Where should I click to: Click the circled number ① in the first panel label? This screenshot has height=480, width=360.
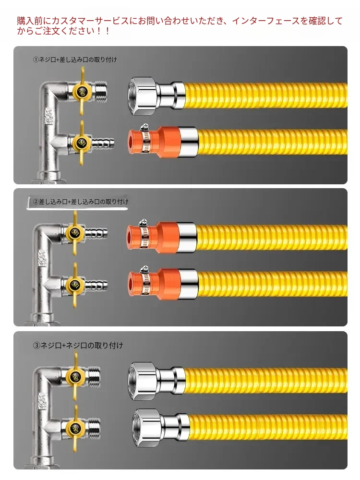[36, 60]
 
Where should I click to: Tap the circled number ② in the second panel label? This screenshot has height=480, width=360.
[36, 202]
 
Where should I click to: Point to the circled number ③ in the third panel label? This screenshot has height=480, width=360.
[36, 346]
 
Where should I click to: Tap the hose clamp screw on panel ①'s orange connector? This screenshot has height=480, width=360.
[144, 127]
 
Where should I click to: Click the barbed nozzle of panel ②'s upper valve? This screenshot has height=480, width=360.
[96, 233]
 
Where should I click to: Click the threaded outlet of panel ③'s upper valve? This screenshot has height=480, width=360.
[95, 376]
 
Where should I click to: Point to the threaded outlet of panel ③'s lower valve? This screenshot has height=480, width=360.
[95, 428]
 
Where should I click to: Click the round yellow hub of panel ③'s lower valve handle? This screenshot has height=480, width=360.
[74, 428]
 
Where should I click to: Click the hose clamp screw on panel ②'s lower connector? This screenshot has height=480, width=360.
[144, 269]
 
